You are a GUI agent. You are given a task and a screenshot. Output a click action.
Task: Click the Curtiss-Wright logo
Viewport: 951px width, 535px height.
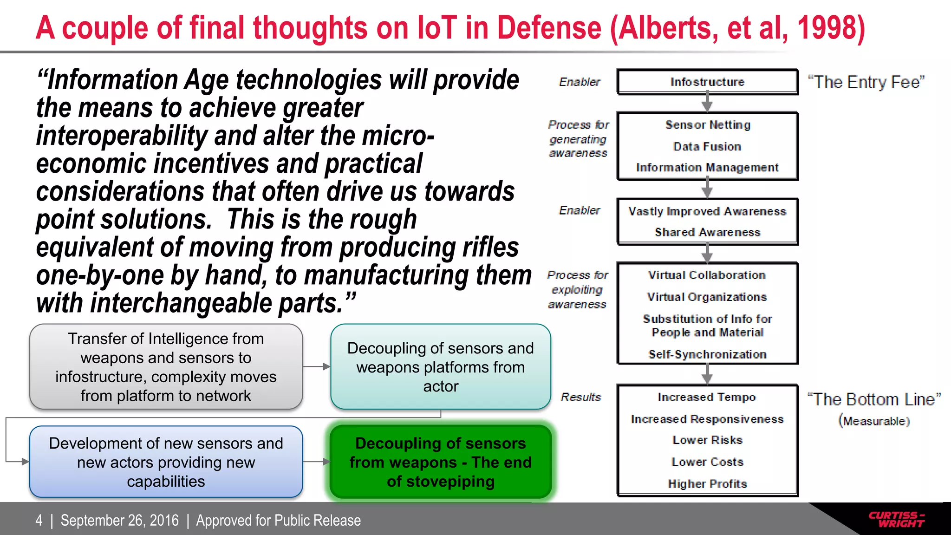point(896,519)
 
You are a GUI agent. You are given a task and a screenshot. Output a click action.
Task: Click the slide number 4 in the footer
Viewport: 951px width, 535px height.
point(39,520)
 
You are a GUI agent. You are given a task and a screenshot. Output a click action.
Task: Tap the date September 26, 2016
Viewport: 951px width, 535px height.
point(119,520)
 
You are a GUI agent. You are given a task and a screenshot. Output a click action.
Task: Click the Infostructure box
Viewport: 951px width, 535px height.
point(707,82)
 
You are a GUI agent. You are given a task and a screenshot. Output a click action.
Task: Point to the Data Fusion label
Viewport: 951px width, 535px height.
point(707,147)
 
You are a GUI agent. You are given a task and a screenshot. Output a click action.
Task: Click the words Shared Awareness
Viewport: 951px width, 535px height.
point(707,232)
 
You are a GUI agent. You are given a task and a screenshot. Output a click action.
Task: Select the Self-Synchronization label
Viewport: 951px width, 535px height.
point(707,354)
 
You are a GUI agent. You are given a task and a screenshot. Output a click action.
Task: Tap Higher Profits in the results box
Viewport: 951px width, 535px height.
point(707,484)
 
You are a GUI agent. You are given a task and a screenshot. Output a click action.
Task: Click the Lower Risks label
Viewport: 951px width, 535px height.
point(707,440)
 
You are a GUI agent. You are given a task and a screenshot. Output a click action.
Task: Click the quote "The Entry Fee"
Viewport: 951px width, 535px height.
point(866,82)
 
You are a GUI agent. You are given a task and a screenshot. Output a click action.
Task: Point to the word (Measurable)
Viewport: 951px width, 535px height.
point(873,421)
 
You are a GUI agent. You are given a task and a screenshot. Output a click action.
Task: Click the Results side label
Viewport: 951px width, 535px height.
point(580,397)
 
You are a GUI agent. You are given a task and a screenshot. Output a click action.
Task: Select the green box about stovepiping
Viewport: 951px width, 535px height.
point(440,462)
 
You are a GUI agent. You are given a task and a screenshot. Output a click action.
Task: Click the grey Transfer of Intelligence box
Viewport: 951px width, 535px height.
point(166,367)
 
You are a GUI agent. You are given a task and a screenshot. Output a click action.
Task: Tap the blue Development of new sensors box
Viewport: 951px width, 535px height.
point(166,462)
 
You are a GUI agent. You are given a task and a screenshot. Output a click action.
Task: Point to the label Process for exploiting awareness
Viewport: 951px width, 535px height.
point(577,289)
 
